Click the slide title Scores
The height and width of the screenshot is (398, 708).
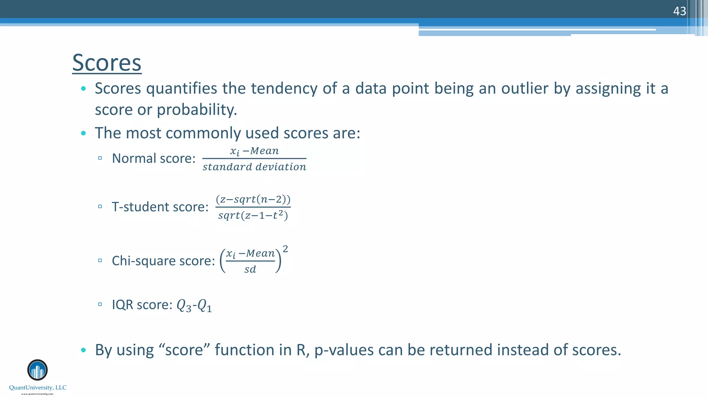click(x=107, y=63)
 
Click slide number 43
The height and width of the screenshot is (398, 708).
click(x=679, y=11)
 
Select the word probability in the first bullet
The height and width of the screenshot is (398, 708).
click(x=197, y=110)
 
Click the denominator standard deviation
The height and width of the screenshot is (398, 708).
click(x=254, y=167)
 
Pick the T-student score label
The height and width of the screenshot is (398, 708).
click(x=160, y=207)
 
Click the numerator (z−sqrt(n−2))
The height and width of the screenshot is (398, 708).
click(x=253, y=199)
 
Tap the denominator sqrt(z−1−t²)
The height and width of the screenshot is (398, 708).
click(x=253, y=216)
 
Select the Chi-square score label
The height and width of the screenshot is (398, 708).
click(x=163, y=261)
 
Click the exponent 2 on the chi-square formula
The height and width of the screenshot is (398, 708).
click(x=285, y=249)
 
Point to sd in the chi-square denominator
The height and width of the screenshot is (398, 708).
click(x=250, y=269)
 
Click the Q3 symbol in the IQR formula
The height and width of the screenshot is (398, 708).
click(x=184, y=305)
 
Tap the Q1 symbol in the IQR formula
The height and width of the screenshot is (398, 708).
click(x=204, y=305)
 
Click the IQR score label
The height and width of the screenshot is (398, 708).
click(x=142, y=305)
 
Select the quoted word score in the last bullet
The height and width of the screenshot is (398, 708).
click(x=184, y=350)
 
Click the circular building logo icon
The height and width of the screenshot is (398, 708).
click(x=37, y=370)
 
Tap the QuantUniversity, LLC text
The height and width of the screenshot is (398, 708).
click(x=38, y=388)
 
